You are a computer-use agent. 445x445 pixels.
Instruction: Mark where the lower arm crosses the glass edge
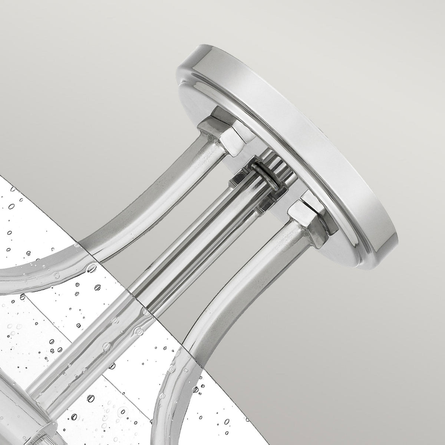pos(185,336)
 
